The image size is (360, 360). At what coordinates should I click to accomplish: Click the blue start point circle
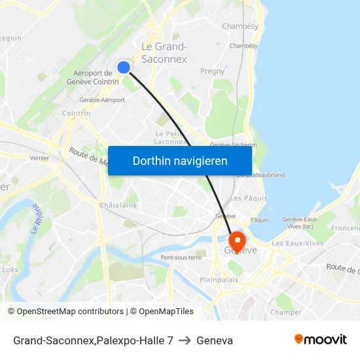point(124,67)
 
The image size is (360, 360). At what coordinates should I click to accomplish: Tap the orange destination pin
point(236,240)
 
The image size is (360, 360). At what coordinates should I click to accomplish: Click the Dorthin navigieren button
point(180,160)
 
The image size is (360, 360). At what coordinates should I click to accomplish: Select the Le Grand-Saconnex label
point(164,52)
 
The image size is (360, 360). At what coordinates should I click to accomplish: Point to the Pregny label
point(212,71)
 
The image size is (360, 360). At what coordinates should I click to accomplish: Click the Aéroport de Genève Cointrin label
point(92,77)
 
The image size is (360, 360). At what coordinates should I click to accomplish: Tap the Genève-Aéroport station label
point(101,99)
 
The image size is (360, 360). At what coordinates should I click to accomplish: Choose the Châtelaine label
point(118,205)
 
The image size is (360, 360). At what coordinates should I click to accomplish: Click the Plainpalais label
point(219,279)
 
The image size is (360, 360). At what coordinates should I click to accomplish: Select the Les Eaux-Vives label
point(297,243)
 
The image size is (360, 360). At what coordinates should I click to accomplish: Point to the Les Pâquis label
point(249,198)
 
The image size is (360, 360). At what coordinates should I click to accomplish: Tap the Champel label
point(285,312)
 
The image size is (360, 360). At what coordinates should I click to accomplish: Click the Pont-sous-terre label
point(181,257)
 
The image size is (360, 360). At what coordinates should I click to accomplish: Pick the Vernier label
point(39,158)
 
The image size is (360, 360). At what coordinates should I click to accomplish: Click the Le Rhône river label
point(37,219)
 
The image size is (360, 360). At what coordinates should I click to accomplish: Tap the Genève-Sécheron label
point(233,145)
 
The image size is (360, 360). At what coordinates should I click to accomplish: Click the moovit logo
point(320,339)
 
